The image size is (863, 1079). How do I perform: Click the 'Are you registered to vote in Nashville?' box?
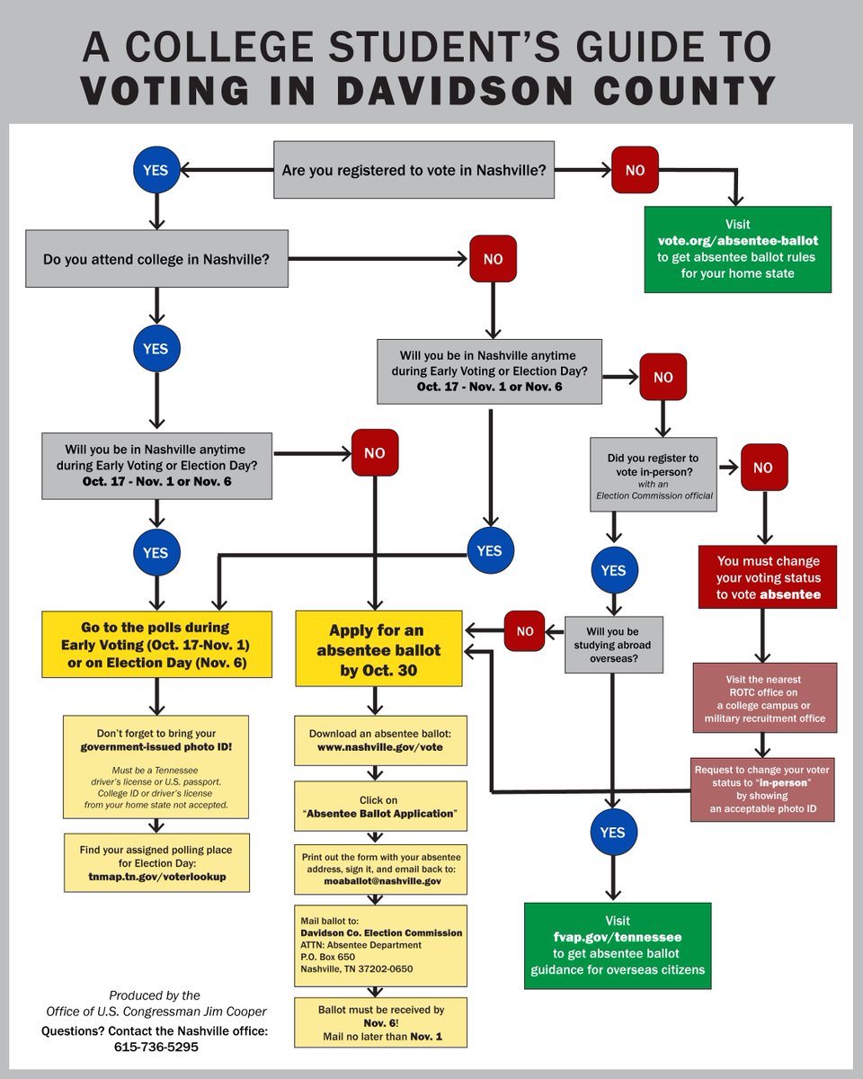click(414, 170)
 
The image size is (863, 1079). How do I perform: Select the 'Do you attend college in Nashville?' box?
click(156, 259)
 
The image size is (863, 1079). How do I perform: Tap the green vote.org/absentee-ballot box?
click(737, 249)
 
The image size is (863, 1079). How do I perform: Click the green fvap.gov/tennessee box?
click(617, 946)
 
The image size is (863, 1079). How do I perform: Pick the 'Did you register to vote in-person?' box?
click(653, 475)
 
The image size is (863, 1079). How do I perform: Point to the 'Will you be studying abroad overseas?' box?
click(613, 644)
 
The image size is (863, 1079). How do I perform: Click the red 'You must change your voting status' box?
click(767, 576)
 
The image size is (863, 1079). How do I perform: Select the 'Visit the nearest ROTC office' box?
click(764, 699)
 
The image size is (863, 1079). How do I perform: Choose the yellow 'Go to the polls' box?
click(157, 645)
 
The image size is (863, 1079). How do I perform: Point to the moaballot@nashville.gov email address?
click(382, 881)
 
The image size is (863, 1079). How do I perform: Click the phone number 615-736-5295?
click(156, 1047)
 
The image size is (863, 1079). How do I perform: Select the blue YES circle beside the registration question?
click(156, 169)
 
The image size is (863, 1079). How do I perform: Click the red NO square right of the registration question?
click(635, 170)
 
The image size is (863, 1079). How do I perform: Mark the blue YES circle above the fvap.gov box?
click(612, 833)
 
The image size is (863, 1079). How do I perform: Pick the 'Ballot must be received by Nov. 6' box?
click(381, 1022)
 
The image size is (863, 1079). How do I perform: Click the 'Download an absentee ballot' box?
click(381, 740)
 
